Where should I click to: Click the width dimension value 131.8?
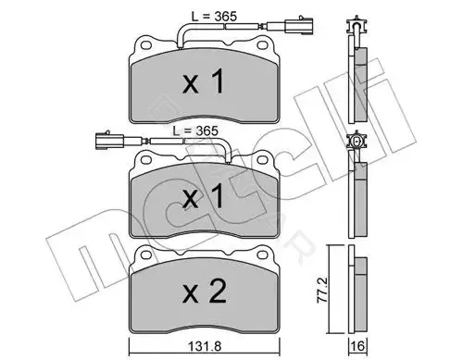click(x=205, y=347)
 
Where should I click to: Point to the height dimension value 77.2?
click(x=322, y=290)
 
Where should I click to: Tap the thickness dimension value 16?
click(x=357, y=346)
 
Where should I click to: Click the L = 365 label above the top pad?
click(x=214, y=17)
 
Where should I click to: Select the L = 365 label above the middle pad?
click(x=195, y=131)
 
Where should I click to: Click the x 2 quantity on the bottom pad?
click(x=205, y=292)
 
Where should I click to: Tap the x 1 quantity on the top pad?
click(x=203, y=81)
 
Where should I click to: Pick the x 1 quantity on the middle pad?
click(x=203, y=195)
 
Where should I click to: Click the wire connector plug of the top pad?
click(x=290, y=25)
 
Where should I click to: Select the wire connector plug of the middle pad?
click(x=119, y=141)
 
